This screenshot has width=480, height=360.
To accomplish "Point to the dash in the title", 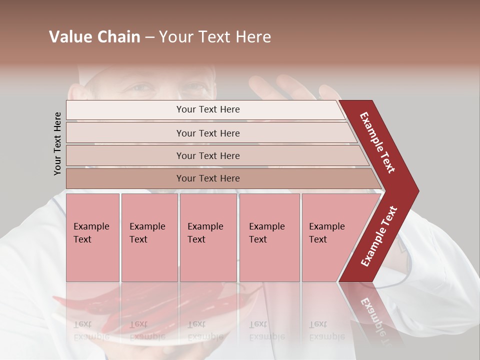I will (149, 37).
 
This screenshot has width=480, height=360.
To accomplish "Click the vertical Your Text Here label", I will (57, 144).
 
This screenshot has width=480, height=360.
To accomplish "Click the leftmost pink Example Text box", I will (92, 237).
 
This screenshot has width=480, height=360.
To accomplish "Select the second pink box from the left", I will (149, 237).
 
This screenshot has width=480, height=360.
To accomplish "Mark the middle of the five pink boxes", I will (208, 237).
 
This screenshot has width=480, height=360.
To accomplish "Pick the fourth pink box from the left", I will (269, 237).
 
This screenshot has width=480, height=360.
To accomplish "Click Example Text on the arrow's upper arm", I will (377, 142).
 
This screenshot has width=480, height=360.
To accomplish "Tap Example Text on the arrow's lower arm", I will (379, 236).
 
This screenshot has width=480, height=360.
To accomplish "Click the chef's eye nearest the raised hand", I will (195, 89).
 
